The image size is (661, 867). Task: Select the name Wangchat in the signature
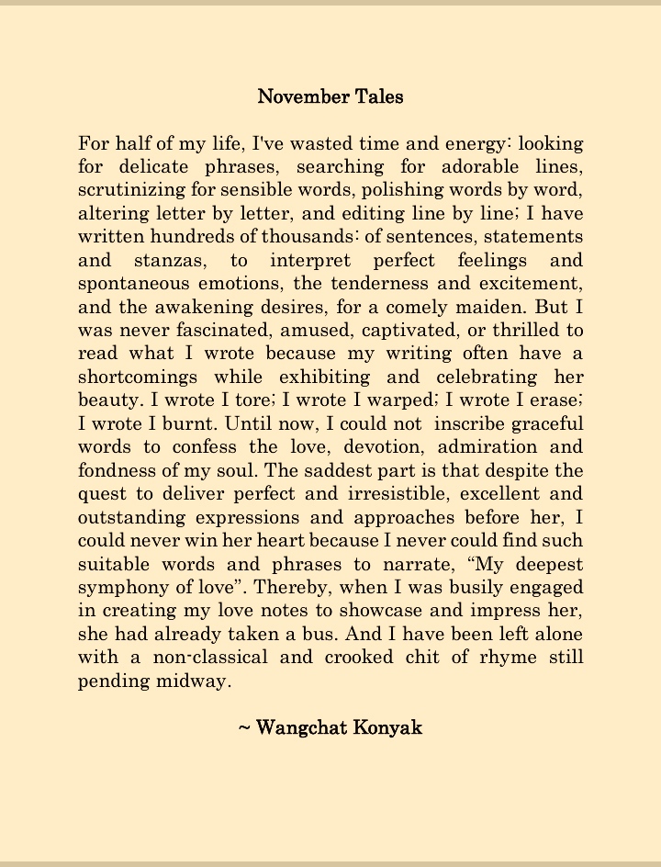[296, 727]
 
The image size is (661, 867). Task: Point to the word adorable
[480, 167]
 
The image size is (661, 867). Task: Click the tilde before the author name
[243, 728]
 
